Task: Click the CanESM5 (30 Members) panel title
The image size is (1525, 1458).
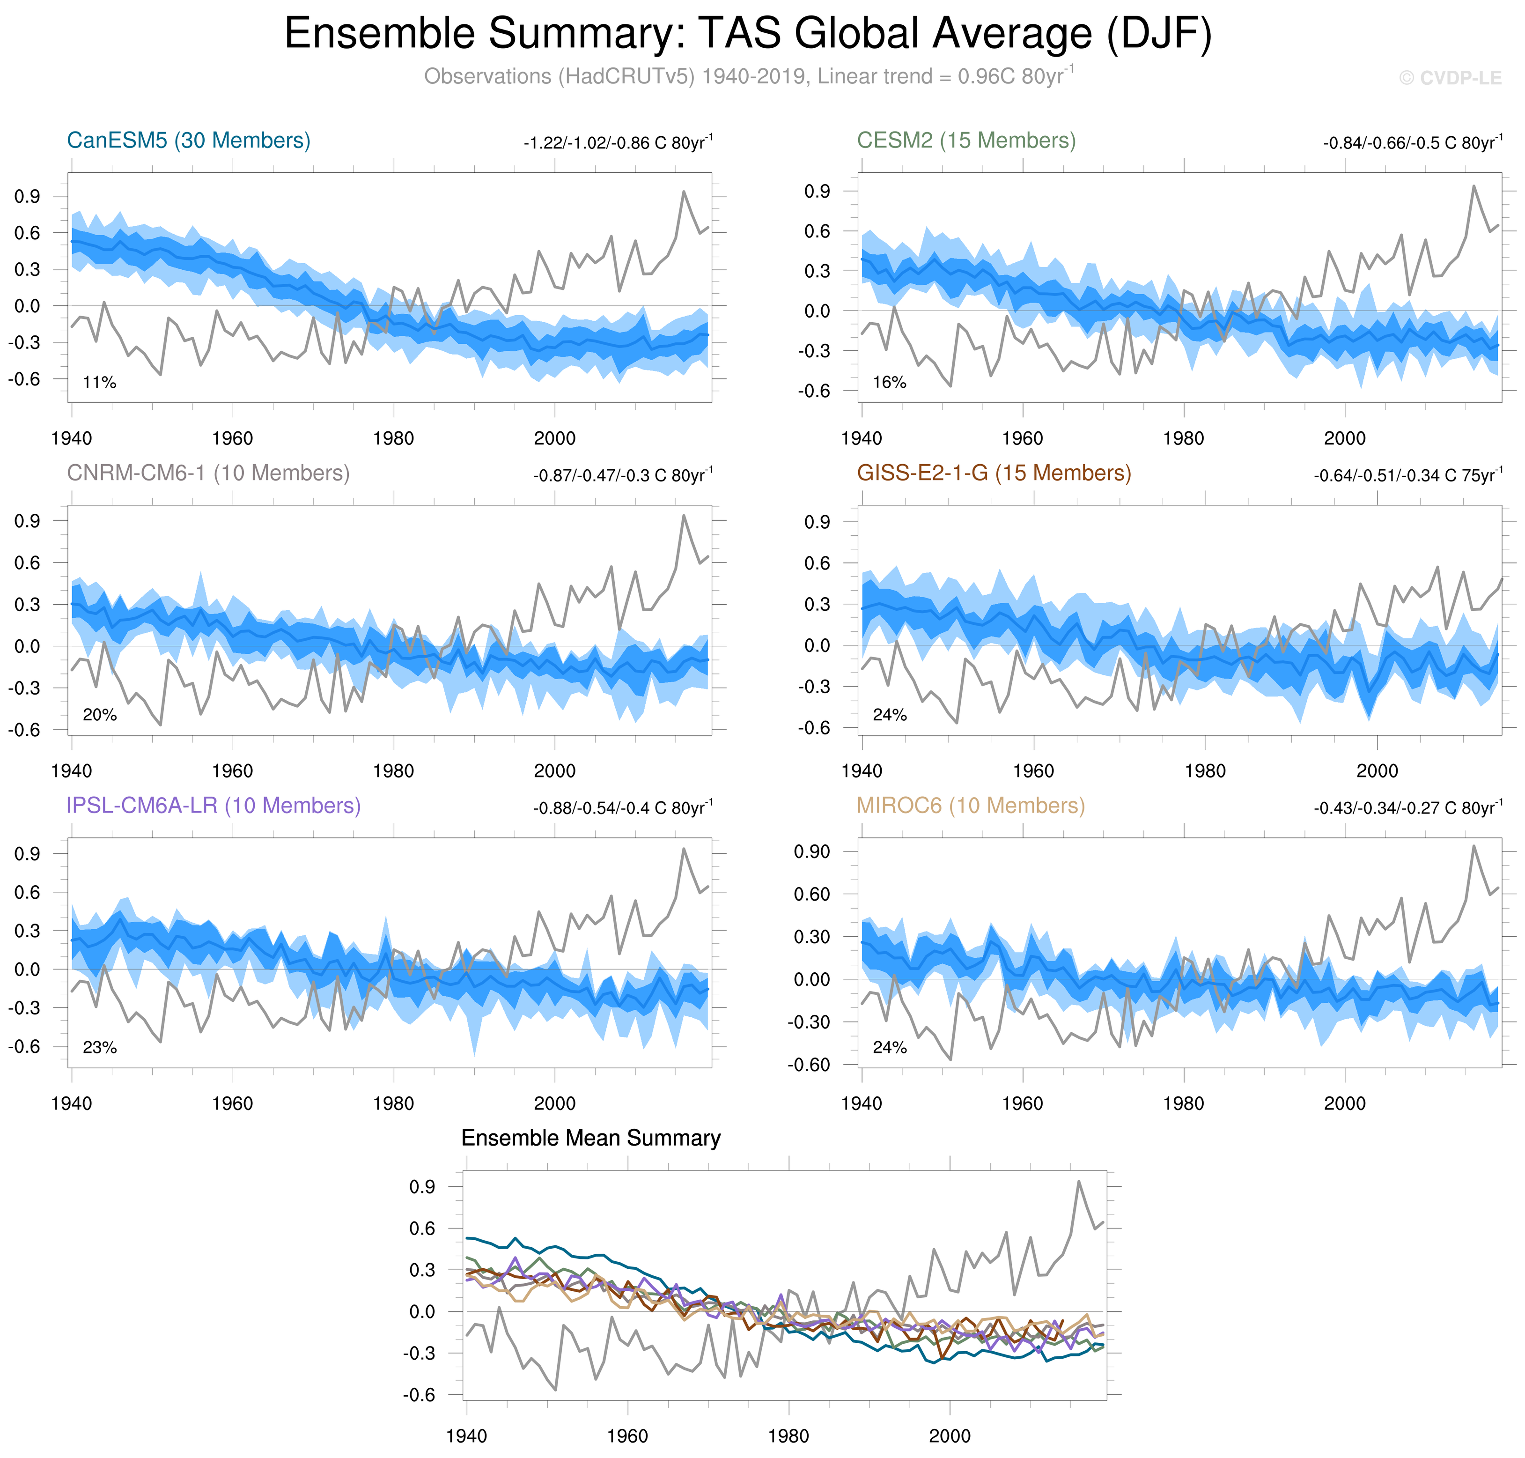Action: (189, 141)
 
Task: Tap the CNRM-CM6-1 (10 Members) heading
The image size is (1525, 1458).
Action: (208, 474)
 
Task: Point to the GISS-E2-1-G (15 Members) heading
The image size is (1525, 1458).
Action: (994, 474)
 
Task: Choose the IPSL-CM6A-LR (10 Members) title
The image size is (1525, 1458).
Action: (214, 806)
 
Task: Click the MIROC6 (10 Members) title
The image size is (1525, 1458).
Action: (970, 806)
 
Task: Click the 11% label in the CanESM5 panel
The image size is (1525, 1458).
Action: (99, 382)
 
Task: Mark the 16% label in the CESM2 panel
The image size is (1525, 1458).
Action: (890, 382)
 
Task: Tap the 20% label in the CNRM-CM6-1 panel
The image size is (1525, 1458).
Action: (99, 715)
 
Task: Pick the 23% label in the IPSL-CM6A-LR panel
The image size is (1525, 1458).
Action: (99, 1048)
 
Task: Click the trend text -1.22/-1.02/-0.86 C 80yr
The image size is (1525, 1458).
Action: (618, 143)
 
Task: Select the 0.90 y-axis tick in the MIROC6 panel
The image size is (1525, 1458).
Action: (812, 852)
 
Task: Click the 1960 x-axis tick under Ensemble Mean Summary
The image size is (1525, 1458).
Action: (627, 1436)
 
